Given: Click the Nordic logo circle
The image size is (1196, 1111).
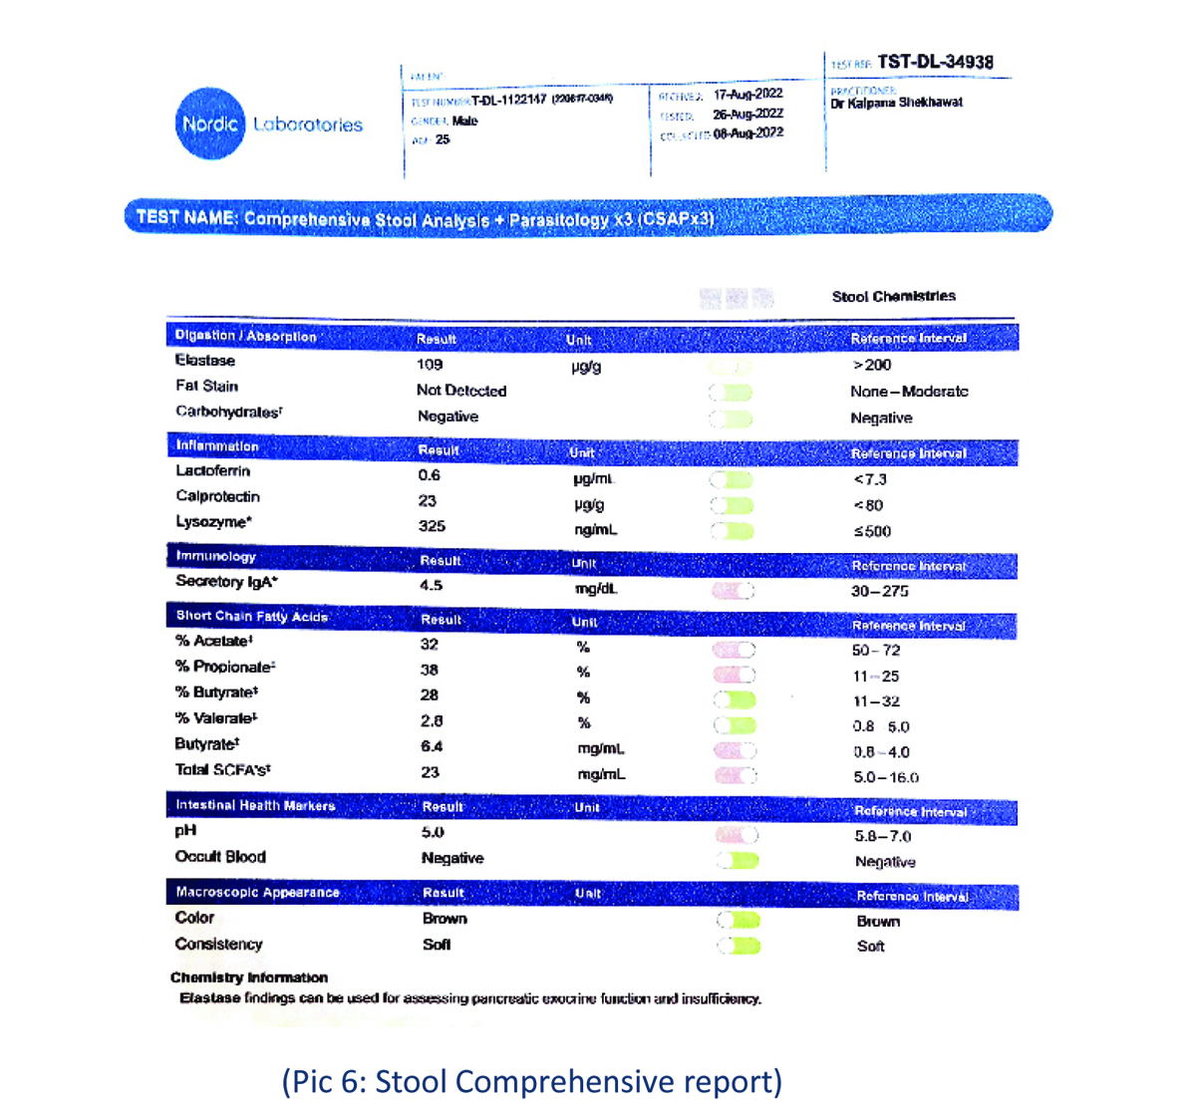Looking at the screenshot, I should point(210,124).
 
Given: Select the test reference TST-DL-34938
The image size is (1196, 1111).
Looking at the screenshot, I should point(935,62).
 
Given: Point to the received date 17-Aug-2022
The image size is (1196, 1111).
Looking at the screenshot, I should point(748,95).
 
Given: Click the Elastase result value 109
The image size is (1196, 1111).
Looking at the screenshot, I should point(430,365).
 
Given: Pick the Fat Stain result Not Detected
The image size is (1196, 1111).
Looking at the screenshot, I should point(461,391).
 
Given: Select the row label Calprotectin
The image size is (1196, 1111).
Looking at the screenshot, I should point(217,496).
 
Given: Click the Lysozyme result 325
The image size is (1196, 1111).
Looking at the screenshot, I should point(432,526).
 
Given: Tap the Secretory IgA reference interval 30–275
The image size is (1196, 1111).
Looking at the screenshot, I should point(879,591).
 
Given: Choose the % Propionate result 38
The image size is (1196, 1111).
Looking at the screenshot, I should point(430,670).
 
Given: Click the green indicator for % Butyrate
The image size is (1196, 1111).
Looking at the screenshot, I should point(735,700).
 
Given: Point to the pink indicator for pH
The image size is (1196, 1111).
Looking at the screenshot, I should point(737,835).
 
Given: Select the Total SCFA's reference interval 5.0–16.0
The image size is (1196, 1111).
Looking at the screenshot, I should point(886,777).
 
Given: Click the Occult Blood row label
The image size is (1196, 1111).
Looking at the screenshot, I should point(220,857).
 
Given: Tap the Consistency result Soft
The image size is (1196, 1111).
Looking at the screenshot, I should point(437,945).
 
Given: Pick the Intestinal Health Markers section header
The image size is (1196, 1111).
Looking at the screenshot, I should point(255,805).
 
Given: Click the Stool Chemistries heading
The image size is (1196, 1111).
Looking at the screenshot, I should point(893,296).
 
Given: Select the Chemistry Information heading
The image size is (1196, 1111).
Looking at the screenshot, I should point(249,977).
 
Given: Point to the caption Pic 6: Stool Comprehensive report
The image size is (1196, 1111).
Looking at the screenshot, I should point(531,1081).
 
